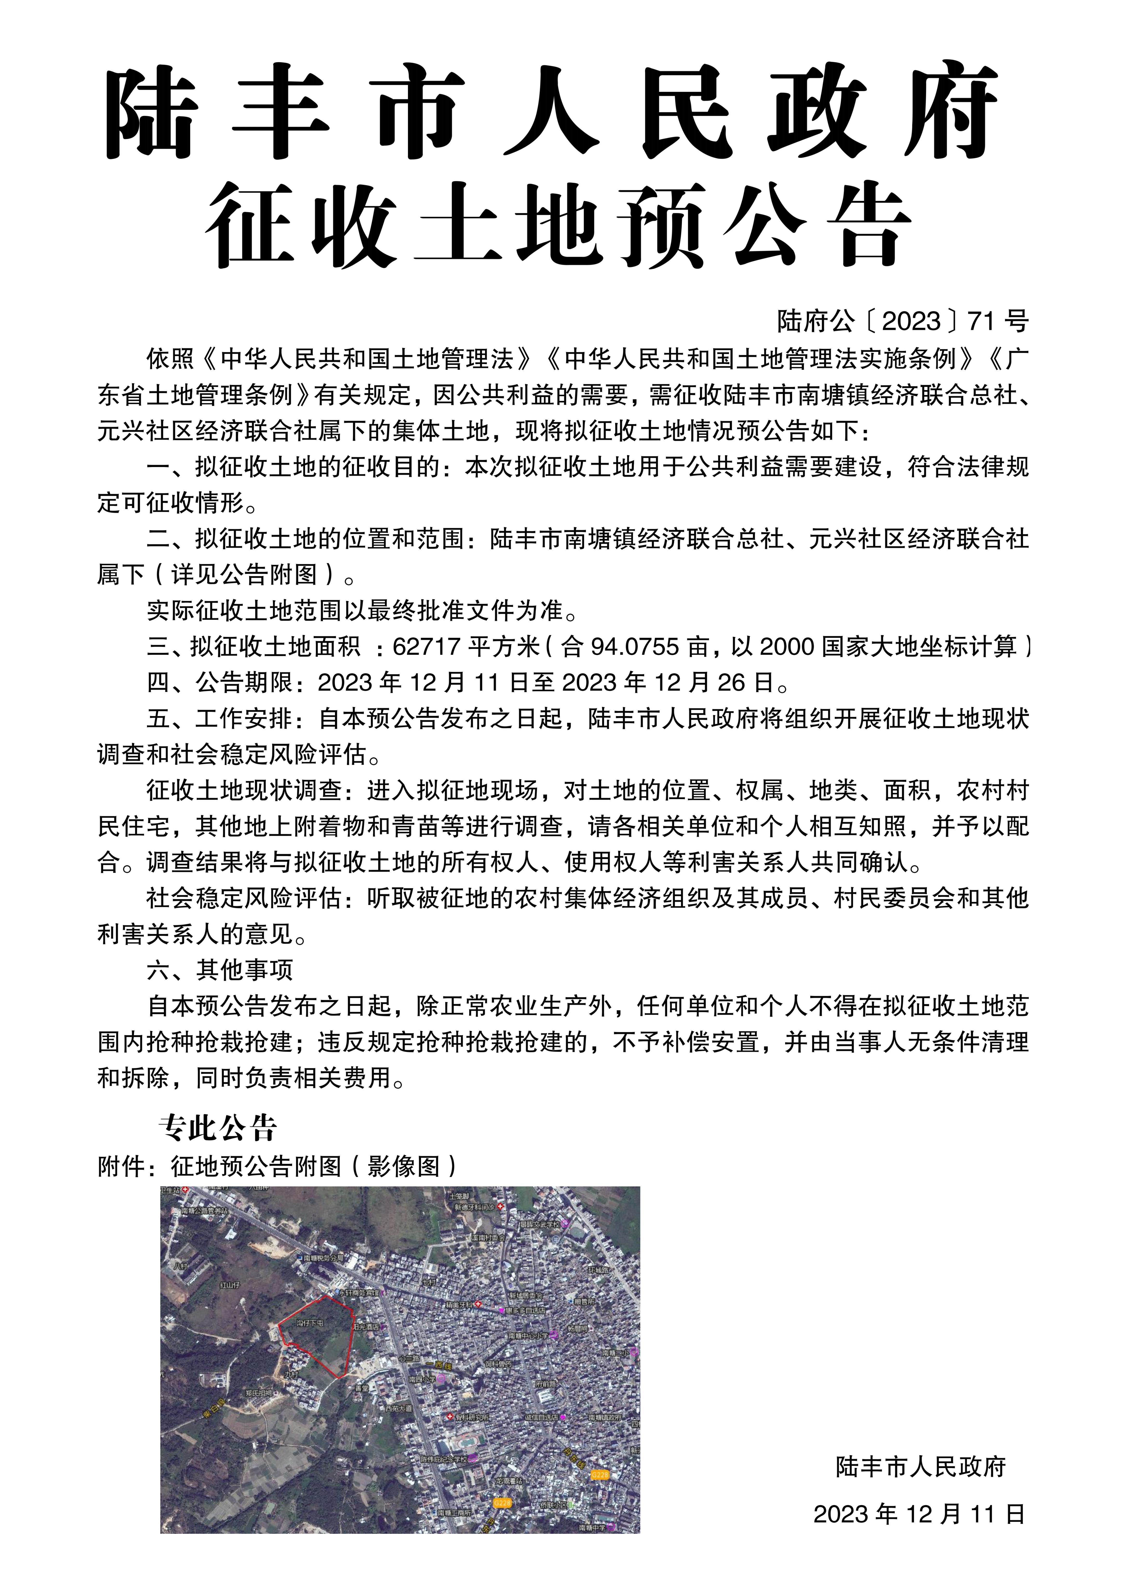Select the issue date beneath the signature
pyautogui.click(x=919, y=1514)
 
